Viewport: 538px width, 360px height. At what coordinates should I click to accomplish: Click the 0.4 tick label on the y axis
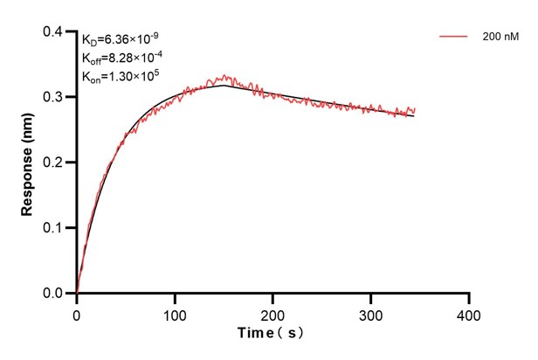tap(53, 32)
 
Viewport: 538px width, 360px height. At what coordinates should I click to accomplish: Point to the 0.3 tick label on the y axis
tap(53, 97)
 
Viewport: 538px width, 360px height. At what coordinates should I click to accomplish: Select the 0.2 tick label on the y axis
tap(53, 163)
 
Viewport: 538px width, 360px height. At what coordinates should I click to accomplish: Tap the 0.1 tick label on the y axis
tap(53, 228)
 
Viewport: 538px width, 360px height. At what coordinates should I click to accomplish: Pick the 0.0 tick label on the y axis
tap(53, 294)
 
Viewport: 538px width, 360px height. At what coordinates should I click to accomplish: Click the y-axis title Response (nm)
tap(28, 163)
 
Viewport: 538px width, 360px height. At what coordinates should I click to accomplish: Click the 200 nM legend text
tap(498, 38)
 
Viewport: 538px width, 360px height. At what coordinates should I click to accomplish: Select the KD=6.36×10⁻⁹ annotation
tap(120, 39)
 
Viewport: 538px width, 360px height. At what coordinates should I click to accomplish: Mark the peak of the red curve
tap(224, 76)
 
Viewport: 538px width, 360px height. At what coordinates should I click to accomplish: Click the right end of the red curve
tap(415, 109)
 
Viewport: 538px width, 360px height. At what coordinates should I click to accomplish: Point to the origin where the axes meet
tap(77, 294)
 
